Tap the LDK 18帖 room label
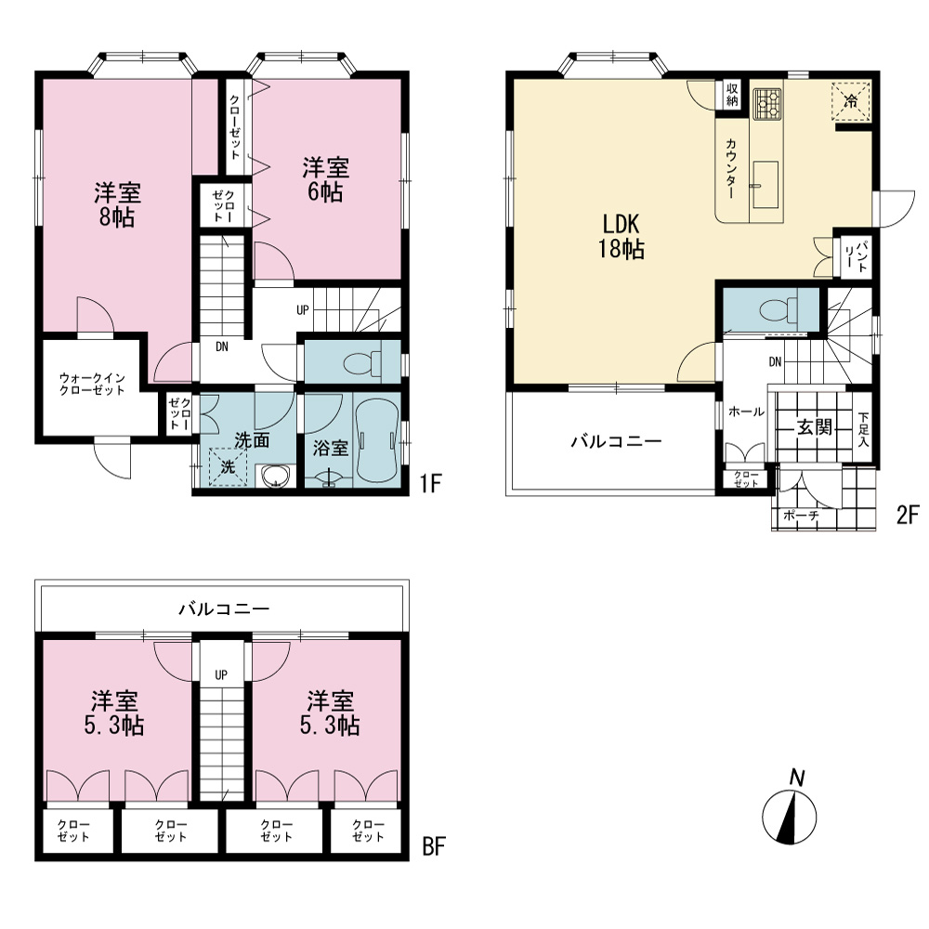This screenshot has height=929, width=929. (x=621, y=237)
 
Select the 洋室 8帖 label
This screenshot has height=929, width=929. (x=117, y=205)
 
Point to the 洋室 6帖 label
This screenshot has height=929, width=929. (x=325, y=179)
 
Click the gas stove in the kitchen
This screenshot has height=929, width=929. (x=767, y=104)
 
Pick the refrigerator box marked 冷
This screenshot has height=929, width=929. (x=851, y=101)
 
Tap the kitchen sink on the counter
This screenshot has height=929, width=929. (x=765, y=184)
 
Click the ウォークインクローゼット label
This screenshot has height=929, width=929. (x=92, y=384)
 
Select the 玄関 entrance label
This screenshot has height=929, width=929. (x=814, y=426)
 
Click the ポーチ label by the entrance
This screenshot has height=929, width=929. (x=801, y=516)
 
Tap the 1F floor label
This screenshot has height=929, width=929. (x=431, y=483)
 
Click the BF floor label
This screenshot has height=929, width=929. (x=434, y=846)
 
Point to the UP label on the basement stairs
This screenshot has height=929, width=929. (x=221, y=674)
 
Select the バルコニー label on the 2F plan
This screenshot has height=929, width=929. (x=616, y=441)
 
